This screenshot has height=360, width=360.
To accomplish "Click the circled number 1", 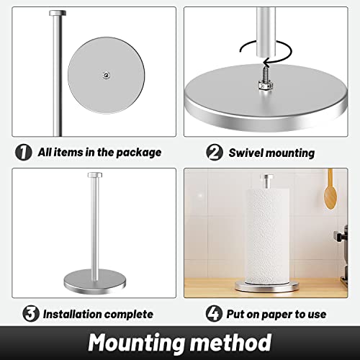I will pyautogui.click(x=23, y=153).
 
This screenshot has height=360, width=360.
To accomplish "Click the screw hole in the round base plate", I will pyautogui.click(x=106, y=73).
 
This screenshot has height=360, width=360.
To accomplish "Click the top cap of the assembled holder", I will pyautogui.click(x=94, y=175).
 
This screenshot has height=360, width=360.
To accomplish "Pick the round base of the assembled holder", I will pyautogui.click(x=94, y=278).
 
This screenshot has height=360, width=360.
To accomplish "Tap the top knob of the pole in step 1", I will pyautogui.click(x=55, y=13).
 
